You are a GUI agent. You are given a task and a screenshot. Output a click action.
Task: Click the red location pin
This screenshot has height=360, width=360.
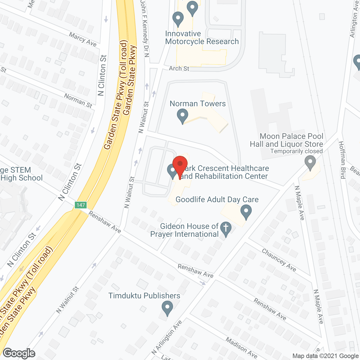click(x=180, y=165)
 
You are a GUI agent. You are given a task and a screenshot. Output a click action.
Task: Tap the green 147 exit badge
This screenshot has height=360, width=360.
click(x=80, y=205)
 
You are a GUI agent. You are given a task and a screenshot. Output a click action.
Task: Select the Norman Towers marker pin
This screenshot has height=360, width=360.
click(x=183, y=116)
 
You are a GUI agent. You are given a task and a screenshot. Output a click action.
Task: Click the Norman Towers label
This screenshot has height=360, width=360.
click(x=197, y=104)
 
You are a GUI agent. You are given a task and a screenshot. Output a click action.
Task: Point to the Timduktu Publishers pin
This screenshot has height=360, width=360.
click(x=167, y=308)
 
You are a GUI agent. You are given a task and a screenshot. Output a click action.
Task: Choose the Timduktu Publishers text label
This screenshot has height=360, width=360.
click(x=144, y=296)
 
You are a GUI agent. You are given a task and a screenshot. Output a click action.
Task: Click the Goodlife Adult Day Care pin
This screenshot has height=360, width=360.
click(x=246, y=211)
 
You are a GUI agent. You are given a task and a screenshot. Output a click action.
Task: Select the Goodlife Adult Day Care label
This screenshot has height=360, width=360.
click(x=217, y=200)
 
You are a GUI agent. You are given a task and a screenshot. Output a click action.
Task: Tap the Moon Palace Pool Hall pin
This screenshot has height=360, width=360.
click(x=310, y=163)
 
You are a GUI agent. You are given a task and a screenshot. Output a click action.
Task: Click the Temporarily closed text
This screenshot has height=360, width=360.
click(x=296, y=151)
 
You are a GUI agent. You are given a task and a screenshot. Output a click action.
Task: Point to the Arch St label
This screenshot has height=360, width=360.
click(x=179, y=68)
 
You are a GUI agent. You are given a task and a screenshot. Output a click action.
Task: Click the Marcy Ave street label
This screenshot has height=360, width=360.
click(x=83, y=39)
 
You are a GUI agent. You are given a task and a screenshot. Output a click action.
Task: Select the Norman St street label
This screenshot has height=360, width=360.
click(x=78, y=100)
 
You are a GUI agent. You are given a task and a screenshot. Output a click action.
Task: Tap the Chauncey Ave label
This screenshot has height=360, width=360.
click(x=279, y=260)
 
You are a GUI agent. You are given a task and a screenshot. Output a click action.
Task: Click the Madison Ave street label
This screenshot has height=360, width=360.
click(x=241, y=348)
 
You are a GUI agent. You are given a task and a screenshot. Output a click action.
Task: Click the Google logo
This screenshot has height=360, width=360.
click(x=19, y=353)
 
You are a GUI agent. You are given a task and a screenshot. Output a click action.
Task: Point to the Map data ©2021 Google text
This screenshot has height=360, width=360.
click(x=325, y=356)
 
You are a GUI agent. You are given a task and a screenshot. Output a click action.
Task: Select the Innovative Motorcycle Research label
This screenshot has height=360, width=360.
click(x=202, y=38)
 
